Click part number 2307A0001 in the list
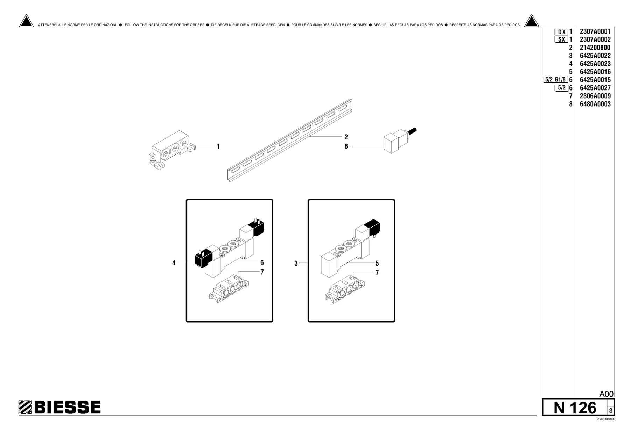coord(595,31)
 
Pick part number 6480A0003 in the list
coord(595,104)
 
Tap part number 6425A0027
coord(595,88)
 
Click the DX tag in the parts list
coord(562,32)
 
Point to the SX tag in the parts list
coord(562,39)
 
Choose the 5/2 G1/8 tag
coord(555,80)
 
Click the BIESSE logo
coord(59,407)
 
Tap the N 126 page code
coord(575,408)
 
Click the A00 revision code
coord(607,394)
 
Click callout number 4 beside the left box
coord(174,263)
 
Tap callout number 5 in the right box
coord(377,263)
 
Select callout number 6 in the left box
coord(262,263)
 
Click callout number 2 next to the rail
coord(346,137)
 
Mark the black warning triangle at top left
coord(26,21)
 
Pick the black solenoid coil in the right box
coord(372,227)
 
